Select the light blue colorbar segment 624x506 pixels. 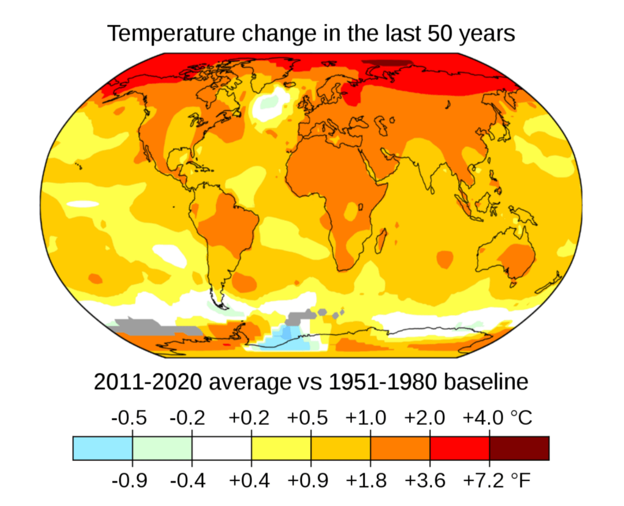pyautogui.click(x=102, y=448)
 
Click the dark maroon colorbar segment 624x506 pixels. pyautogui.click(x=519, y=448)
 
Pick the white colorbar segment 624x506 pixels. pyautogui.click(x=221, y=448)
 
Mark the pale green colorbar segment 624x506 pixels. pyautogui.click(x=162, y=448)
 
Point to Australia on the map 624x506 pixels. pyautogui.click(x=509, y=259)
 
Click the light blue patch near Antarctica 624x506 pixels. pyautogui.click(x=287, y=338)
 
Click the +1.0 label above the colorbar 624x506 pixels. pyautogui.click(x=366, y=419)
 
